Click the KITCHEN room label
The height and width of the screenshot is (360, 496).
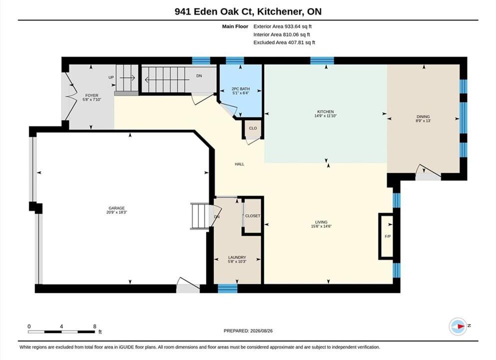coord(325,112)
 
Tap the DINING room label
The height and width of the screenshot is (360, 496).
coord(423,116)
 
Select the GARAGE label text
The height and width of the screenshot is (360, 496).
coord(116,208)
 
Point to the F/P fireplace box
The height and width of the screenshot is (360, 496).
coord(386,236)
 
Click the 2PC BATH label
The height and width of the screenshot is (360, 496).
coord(240,89)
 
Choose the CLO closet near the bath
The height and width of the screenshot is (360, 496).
coord(253,128)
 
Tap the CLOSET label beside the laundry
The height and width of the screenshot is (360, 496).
coord(252,215)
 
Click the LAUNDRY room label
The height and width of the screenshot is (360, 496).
coord(237,257)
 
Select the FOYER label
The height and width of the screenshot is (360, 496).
coord(92,95)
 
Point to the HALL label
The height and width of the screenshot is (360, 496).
coord(239,164)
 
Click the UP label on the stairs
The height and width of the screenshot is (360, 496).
coord(111,77)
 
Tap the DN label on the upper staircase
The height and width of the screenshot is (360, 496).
coord(199,75)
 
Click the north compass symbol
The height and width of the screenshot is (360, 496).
coord(458,326)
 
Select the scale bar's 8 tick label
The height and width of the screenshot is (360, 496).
coord(94,326)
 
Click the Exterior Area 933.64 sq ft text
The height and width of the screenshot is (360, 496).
coord(283,26)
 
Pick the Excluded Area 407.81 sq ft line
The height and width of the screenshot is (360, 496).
coord(284,42)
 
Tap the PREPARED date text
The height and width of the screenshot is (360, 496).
coord(248,331)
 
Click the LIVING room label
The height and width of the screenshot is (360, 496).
coord(321,222)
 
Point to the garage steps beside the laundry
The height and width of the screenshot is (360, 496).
coord(200,216)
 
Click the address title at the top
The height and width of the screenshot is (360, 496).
coord(248,11)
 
